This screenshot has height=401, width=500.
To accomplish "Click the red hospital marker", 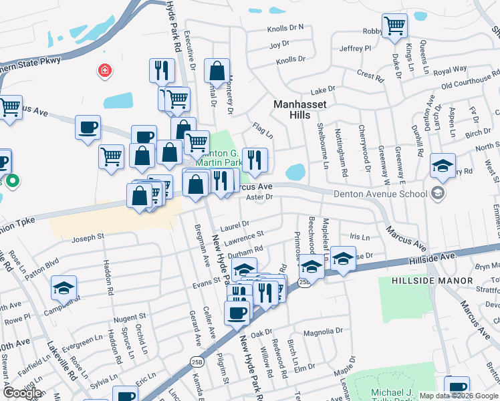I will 104,70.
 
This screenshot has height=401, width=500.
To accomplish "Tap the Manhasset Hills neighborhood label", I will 291,110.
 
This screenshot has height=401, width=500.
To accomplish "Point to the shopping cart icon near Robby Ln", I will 394,26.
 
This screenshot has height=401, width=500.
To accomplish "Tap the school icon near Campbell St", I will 64,288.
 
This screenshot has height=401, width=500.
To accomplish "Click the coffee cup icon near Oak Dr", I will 237,312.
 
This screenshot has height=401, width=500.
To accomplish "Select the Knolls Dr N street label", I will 285,27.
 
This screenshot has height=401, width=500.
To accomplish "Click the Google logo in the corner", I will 21,392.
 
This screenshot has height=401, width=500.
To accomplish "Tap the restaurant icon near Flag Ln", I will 255,159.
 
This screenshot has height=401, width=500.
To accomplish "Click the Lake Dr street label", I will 322,90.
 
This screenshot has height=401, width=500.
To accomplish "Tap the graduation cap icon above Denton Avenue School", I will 442,164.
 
